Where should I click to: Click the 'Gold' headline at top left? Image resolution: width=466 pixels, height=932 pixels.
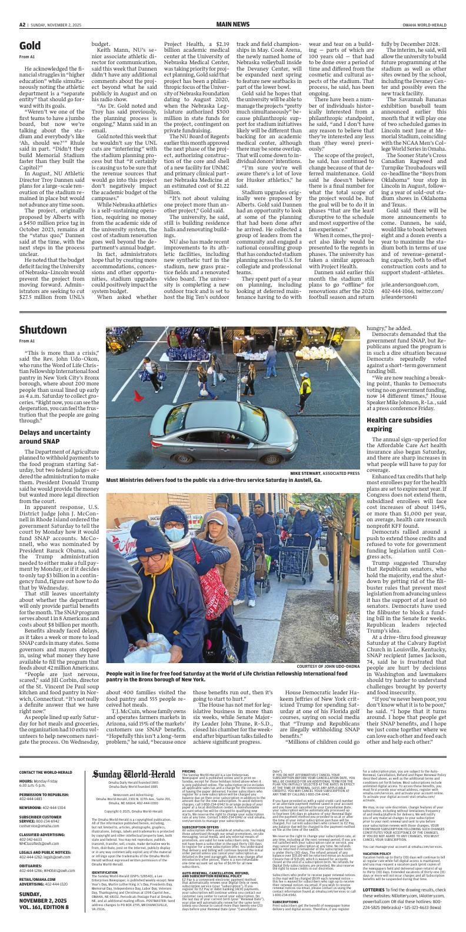click(30, 46)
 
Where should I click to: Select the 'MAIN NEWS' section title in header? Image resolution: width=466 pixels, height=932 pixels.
click(232, 24)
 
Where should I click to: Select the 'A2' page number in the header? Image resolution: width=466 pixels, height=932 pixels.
click(22, 24)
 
